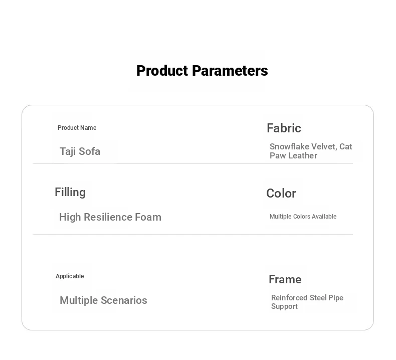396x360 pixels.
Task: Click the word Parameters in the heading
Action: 230,71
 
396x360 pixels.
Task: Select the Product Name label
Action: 77,128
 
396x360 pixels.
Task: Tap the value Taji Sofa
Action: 80,151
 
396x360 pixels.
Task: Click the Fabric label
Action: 284,128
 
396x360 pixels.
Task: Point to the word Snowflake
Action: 289,146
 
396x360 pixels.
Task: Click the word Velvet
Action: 324,147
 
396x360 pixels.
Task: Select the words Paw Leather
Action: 293,155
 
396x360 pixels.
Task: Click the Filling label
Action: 70,193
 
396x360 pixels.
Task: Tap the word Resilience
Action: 108,217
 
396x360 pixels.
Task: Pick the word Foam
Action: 148,217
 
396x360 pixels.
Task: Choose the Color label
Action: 281,194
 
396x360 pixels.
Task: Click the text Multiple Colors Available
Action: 303,217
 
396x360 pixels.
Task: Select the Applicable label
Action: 70,276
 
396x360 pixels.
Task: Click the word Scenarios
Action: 124,300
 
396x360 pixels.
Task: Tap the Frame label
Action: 285,279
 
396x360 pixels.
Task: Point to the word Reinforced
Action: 289,298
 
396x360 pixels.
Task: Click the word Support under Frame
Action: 284,306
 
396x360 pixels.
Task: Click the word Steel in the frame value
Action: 318,298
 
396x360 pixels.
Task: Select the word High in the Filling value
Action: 70,217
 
